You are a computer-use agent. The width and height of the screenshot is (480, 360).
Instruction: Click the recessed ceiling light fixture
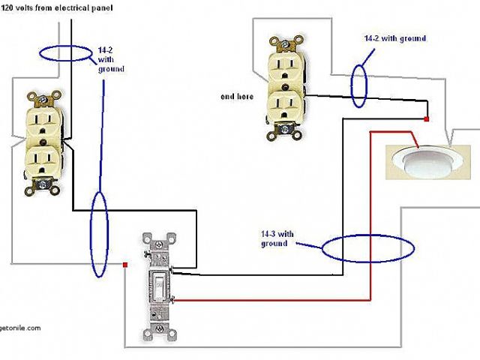tap(418, 160)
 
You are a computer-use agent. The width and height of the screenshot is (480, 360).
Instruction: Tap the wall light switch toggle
tap(160, 286)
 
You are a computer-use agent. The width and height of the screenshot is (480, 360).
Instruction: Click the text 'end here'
tap(236, 97)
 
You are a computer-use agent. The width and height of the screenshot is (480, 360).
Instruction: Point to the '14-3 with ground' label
tap(274, 238)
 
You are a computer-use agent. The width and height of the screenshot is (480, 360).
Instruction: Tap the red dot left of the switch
tap(125, 264)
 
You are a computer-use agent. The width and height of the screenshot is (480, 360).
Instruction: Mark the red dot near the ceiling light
tap(427, 119)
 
